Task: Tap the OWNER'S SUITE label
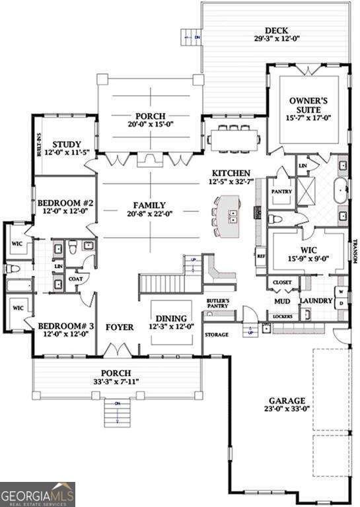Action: click(308, 106)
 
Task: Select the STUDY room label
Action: click(67, 145)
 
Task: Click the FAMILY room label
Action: click(149, 205)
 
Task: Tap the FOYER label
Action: click(120, 327)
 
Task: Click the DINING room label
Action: click(171, 318)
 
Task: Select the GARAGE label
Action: click(287, 401)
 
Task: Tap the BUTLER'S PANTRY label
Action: click(218, 304)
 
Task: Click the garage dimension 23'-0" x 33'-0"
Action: click(287, 409)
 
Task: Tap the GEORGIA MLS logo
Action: click(38, 494)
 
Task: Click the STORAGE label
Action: click(216, 335)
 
